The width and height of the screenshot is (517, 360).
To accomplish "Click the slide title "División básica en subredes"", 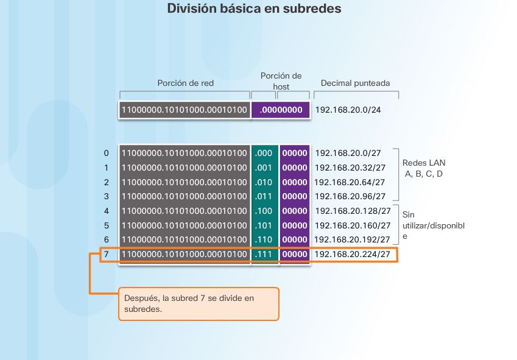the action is (x=253, y=9).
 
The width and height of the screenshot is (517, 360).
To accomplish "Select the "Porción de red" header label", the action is (x=186, y=83).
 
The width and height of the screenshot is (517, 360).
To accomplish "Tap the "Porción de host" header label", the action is (x=281, y=81).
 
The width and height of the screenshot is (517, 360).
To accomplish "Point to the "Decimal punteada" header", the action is (x=355, y=83).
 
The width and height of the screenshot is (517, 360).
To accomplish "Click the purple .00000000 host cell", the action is (x=281, y=110).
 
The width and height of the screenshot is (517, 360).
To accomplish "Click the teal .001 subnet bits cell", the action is (x=265, y=168).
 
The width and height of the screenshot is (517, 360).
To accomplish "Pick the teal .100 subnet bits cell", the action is (x=265, y=211).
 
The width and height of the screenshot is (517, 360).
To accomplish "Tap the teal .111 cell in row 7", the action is (x=265, y=254).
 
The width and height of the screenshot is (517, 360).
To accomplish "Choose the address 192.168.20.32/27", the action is (x=350, y=168).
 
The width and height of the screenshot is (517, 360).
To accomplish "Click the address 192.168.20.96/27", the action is (x=350, y=196).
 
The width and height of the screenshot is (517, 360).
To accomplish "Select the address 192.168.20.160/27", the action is (x=353, y=225).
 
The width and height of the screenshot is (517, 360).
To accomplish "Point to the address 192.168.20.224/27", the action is (x=353, y=254).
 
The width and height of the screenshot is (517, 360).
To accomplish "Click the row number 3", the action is (x=106, y=196).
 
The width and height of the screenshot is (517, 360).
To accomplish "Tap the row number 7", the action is (x=106, y=254).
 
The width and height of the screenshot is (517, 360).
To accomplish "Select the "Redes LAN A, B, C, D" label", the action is (x=423, y=168).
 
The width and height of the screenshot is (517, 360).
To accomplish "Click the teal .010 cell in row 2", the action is (x=265, y=182).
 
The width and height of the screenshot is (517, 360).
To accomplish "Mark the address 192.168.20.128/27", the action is (x=353, y=211).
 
